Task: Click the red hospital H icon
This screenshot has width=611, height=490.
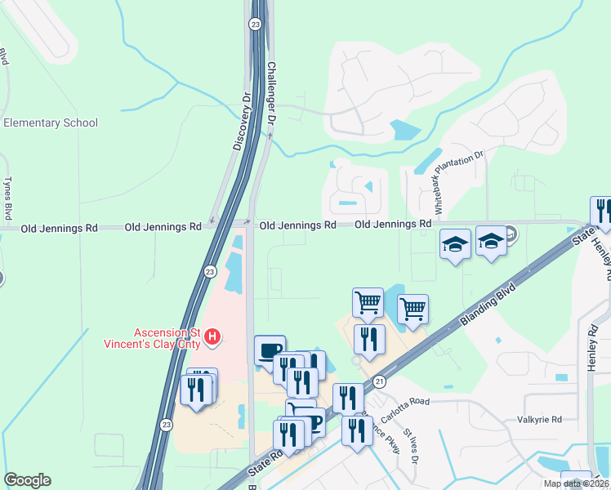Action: coord(212,336)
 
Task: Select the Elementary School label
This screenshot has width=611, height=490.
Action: coord(51,123)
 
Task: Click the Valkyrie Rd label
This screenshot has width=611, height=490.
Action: coord(540,420)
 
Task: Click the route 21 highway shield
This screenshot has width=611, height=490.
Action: coord(379,381)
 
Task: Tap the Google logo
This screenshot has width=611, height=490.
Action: coord(27,480)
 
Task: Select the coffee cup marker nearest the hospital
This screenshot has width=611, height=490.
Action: coord(270,350)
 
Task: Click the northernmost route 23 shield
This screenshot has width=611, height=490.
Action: coord(256,24)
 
